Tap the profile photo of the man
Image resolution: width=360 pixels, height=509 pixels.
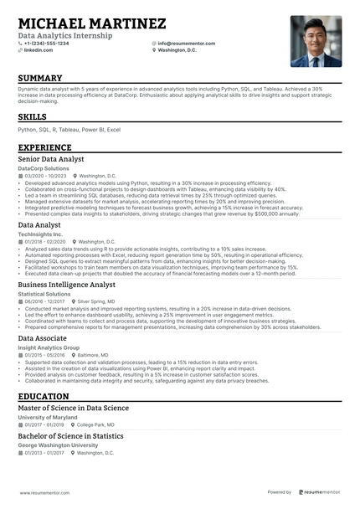point(316,40)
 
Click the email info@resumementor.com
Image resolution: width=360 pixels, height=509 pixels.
point(189,43)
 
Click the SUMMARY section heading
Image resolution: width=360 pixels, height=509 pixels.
point(46,79)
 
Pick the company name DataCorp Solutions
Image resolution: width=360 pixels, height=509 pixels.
point(44,168)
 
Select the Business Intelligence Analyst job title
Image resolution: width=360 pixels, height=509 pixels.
point(67,285)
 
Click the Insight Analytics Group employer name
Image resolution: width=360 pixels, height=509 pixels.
point(49,347)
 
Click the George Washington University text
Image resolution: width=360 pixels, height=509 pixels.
point(58,445)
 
